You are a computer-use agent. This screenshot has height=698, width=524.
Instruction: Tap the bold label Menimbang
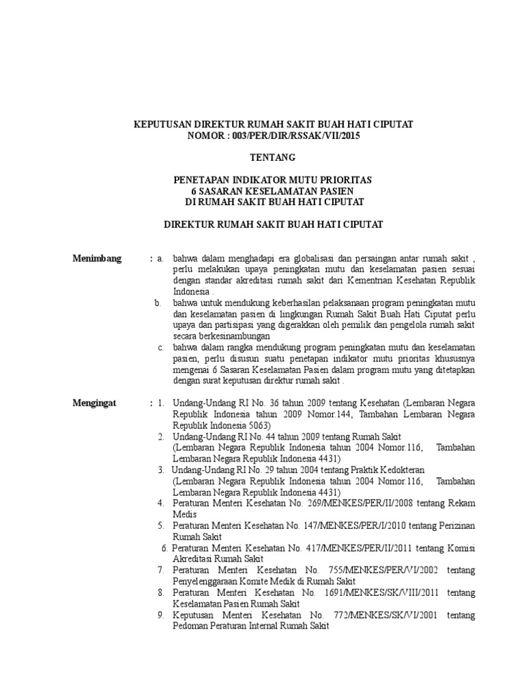point(98,258)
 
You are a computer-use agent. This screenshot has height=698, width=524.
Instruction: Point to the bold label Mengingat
point(95,403)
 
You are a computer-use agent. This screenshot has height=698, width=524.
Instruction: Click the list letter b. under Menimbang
point(158,303)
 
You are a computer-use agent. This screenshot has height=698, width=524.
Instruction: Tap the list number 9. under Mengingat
point(160,615)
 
